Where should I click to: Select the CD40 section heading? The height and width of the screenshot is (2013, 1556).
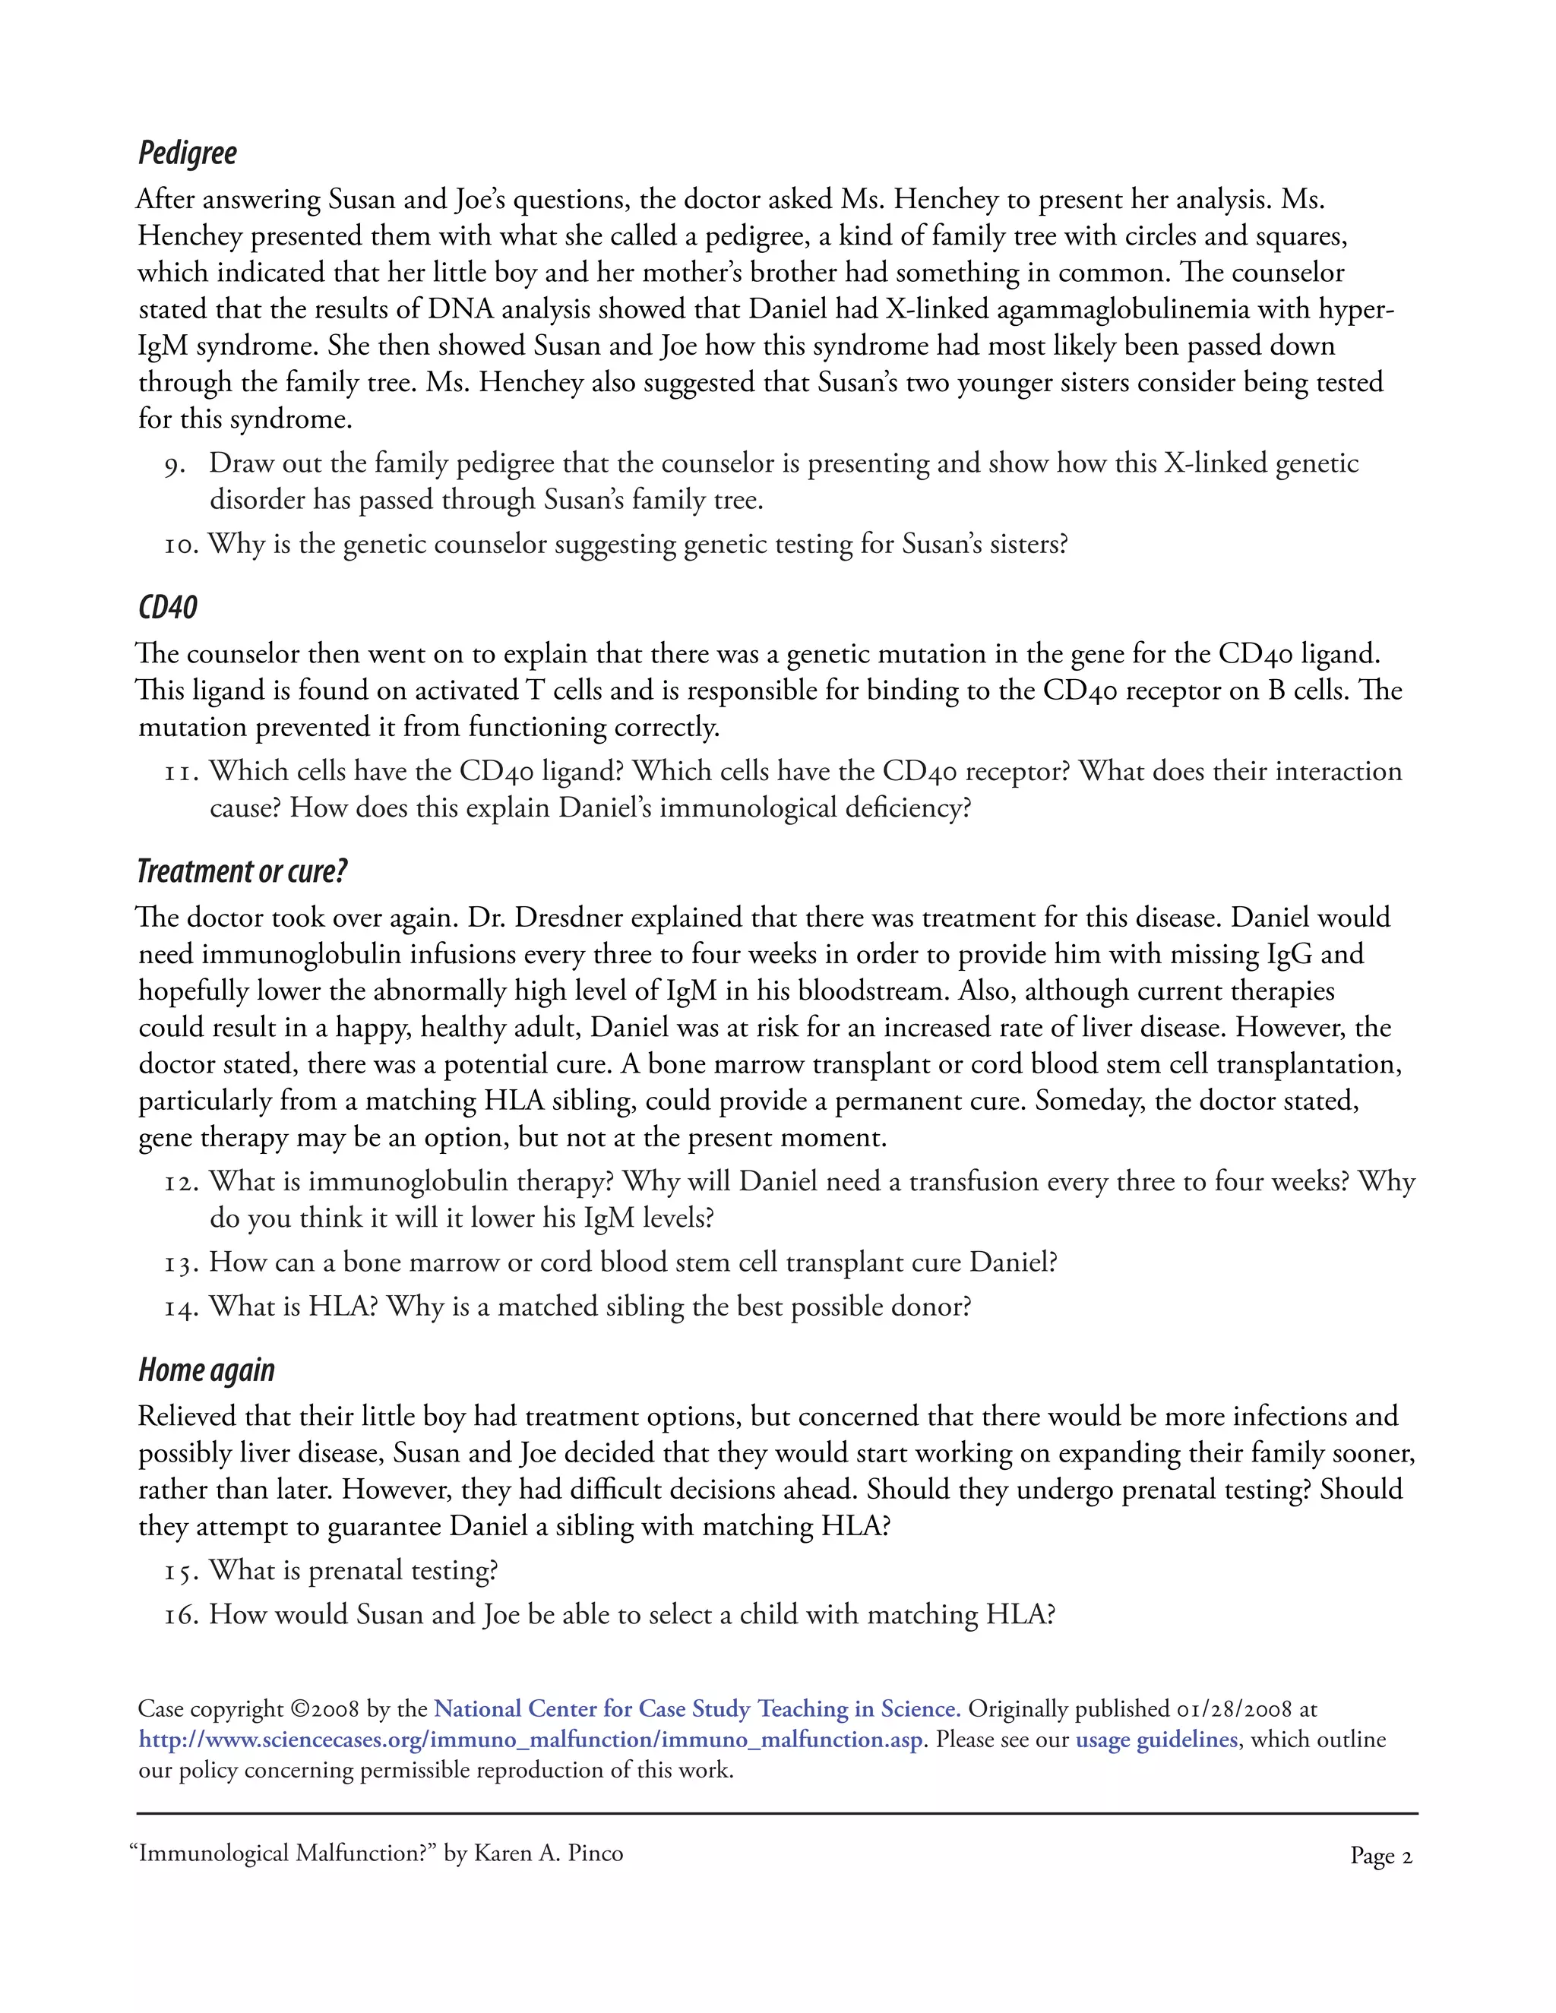(168, 608)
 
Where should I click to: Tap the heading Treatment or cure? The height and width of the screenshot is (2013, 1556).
(242, 871)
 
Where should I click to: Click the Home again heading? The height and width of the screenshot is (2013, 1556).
(207, 1370)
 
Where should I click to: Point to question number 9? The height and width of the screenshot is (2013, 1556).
(176, 465)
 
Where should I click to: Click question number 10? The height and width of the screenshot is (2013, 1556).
(181, 545)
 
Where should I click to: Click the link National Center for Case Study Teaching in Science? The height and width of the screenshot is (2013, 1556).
(697, 1709)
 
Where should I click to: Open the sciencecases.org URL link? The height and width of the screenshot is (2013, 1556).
(530, 1740)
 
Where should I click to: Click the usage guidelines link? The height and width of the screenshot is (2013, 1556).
(1156, 1740)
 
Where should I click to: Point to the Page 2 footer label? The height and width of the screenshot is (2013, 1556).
(1380, 1856)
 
